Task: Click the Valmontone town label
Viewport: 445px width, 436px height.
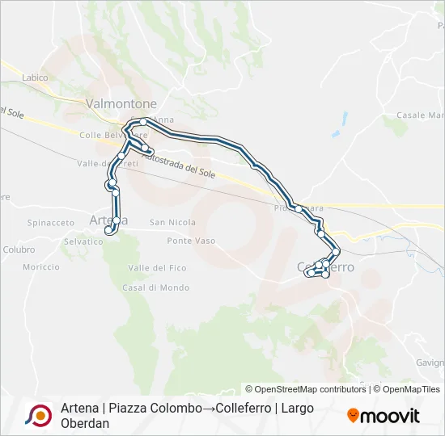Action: click(x=121, y=104)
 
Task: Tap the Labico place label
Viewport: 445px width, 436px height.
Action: click(x=36, y=78)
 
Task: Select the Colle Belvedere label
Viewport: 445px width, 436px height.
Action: click(x=102, y=135)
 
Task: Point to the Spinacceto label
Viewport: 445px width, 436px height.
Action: click(x=51, y=222)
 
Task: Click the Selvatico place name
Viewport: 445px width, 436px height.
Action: click(x=83, y=241)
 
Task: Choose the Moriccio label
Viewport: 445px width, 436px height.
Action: click(x=41, y=266)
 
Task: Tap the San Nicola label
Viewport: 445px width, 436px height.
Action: click(x=172, y=222)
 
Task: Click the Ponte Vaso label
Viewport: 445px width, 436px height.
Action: click(x=191, y=241)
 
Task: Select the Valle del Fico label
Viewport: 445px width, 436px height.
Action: click(x=157, y=267)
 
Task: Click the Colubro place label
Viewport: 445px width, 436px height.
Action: click(x=18, y=249)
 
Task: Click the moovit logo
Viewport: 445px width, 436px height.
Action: click(x=384, y=415)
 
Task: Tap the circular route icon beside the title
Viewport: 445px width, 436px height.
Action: click(x=37, y=415)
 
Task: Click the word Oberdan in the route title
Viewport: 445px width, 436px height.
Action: click(x=85, y=423)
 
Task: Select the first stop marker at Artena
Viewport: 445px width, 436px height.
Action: click(x=108, y=230)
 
